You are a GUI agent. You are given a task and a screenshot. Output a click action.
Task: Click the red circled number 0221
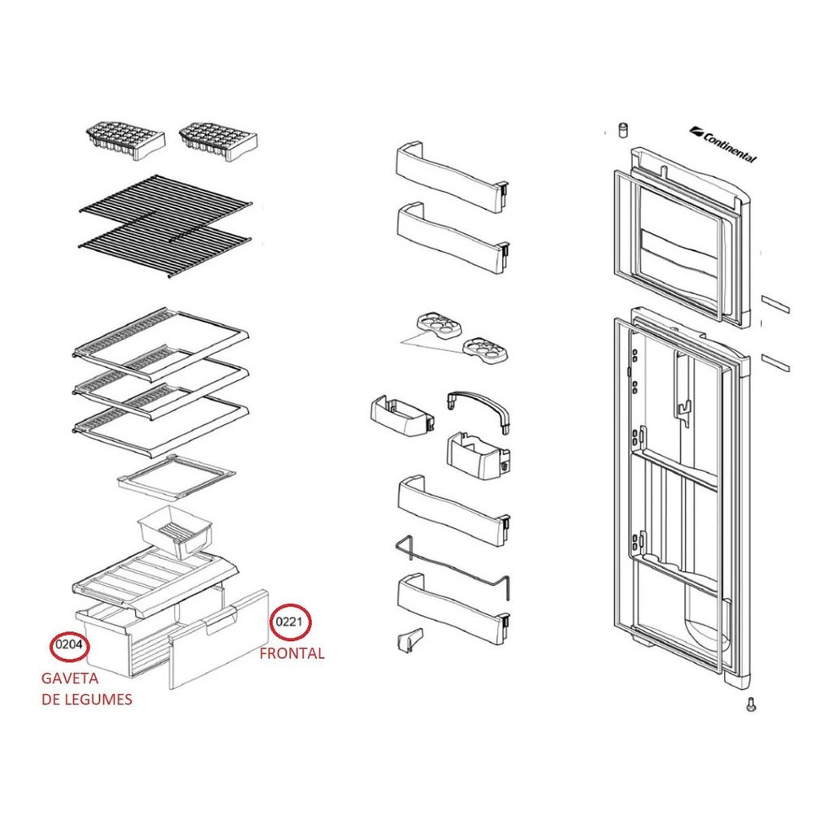pyautogui.click(x=290, y=623)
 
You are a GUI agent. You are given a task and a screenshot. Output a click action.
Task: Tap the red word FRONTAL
pyautogui.click(x=292, y=653)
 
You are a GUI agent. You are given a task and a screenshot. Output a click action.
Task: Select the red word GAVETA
pyautogui.click(x=70, y=678)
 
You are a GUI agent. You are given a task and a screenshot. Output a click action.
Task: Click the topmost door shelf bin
pyautogui.click(x=451, y=175)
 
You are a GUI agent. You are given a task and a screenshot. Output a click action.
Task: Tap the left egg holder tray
pyautogui.click(x=439, y=325)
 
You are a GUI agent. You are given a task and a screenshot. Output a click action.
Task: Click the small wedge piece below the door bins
pyautogui.click(x=409, y=640)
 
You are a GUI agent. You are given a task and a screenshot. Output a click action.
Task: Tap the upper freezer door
pyautogui.click(x=678, y=236)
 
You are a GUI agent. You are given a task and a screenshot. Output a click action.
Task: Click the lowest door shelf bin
pyautogui.click(x=451, y=601)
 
